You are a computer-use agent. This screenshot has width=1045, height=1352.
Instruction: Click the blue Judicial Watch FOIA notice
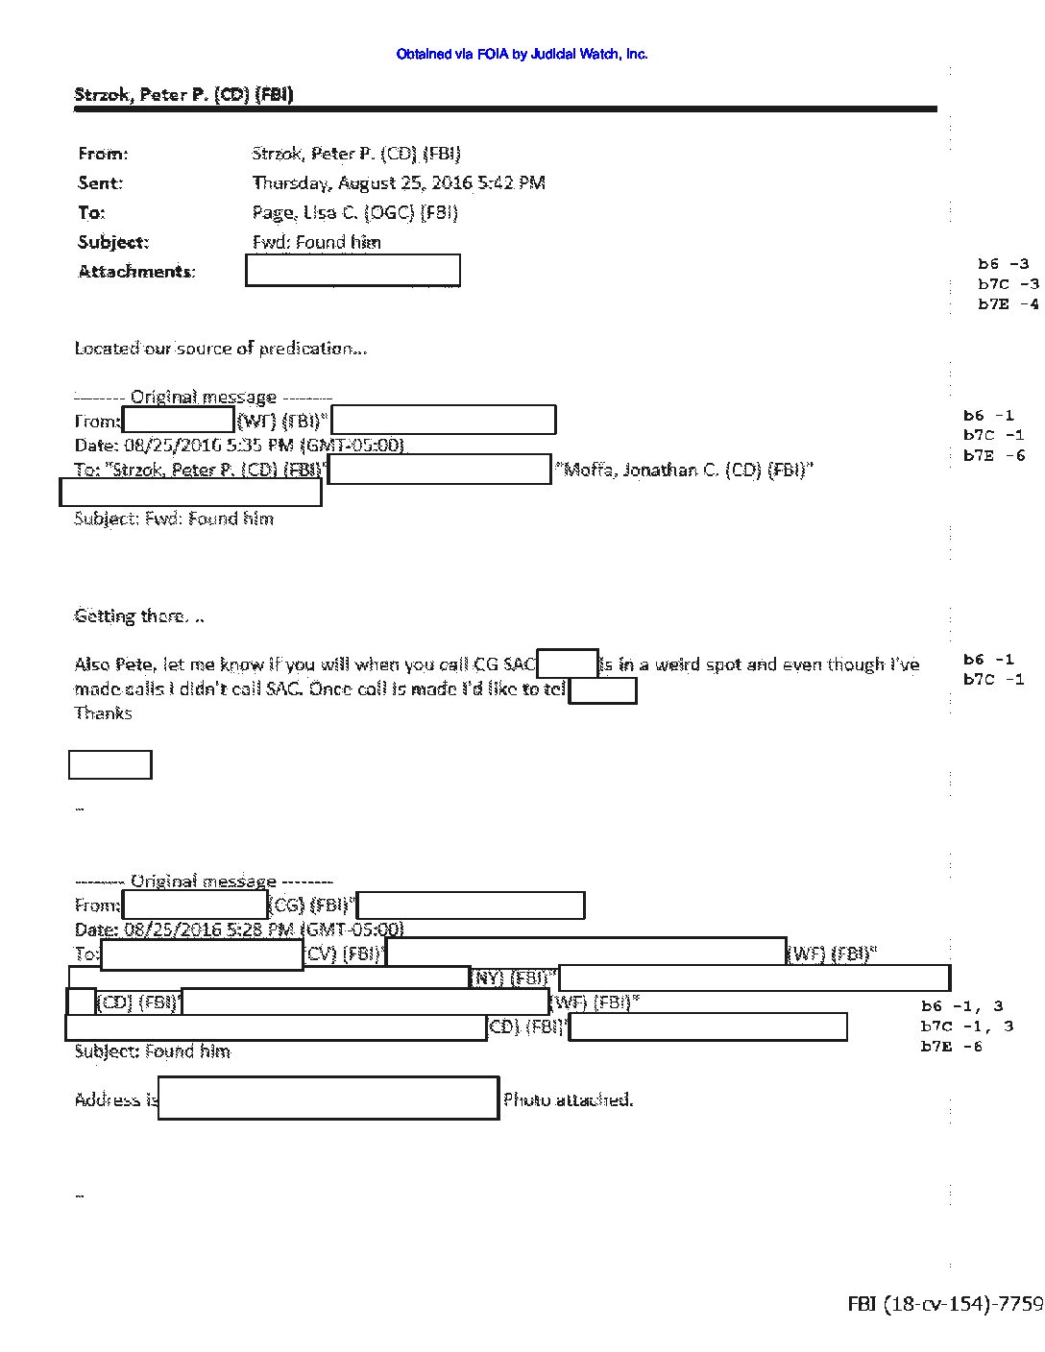tap(522, 55)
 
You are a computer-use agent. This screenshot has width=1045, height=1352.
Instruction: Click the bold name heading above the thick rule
tap(183, 94)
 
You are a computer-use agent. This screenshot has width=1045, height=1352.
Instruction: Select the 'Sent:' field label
tap(101, 182)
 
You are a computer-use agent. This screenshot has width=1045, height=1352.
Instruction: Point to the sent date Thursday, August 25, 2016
tap(399, 182)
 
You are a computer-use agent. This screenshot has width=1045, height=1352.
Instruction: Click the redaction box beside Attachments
tap(352, 271)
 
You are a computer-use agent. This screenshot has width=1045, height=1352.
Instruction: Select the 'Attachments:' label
tap(136, 271)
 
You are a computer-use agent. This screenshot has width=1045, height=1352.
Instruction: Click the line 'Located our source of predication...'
tap(221, 349)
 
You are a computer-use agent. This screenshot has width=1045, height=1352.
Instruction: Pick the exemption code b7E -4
tap(1008, 304)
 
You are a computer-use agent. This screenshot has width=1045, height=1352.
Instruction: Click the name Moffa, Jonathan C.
tap(687, 470)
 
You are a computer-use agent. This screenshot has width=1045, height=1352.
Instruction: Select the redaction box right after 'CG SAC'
tap(568, 664)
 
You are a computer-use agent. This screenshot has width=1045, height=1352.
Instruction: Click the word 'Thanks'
tap(103, 713)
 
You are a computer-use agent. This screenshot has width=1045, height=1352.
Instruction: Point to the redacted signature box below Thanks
tap(110, 764)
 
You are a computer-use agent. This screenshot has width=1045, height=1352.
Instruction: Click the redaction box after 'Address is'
tap(328, 1098)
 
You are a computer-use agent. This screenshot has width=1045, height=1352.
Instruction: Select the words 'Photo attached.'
tap(569, 1100)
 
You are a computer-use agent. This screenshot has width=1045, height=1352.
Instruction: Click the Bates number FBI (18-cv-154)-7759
tap(945, 1303)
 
